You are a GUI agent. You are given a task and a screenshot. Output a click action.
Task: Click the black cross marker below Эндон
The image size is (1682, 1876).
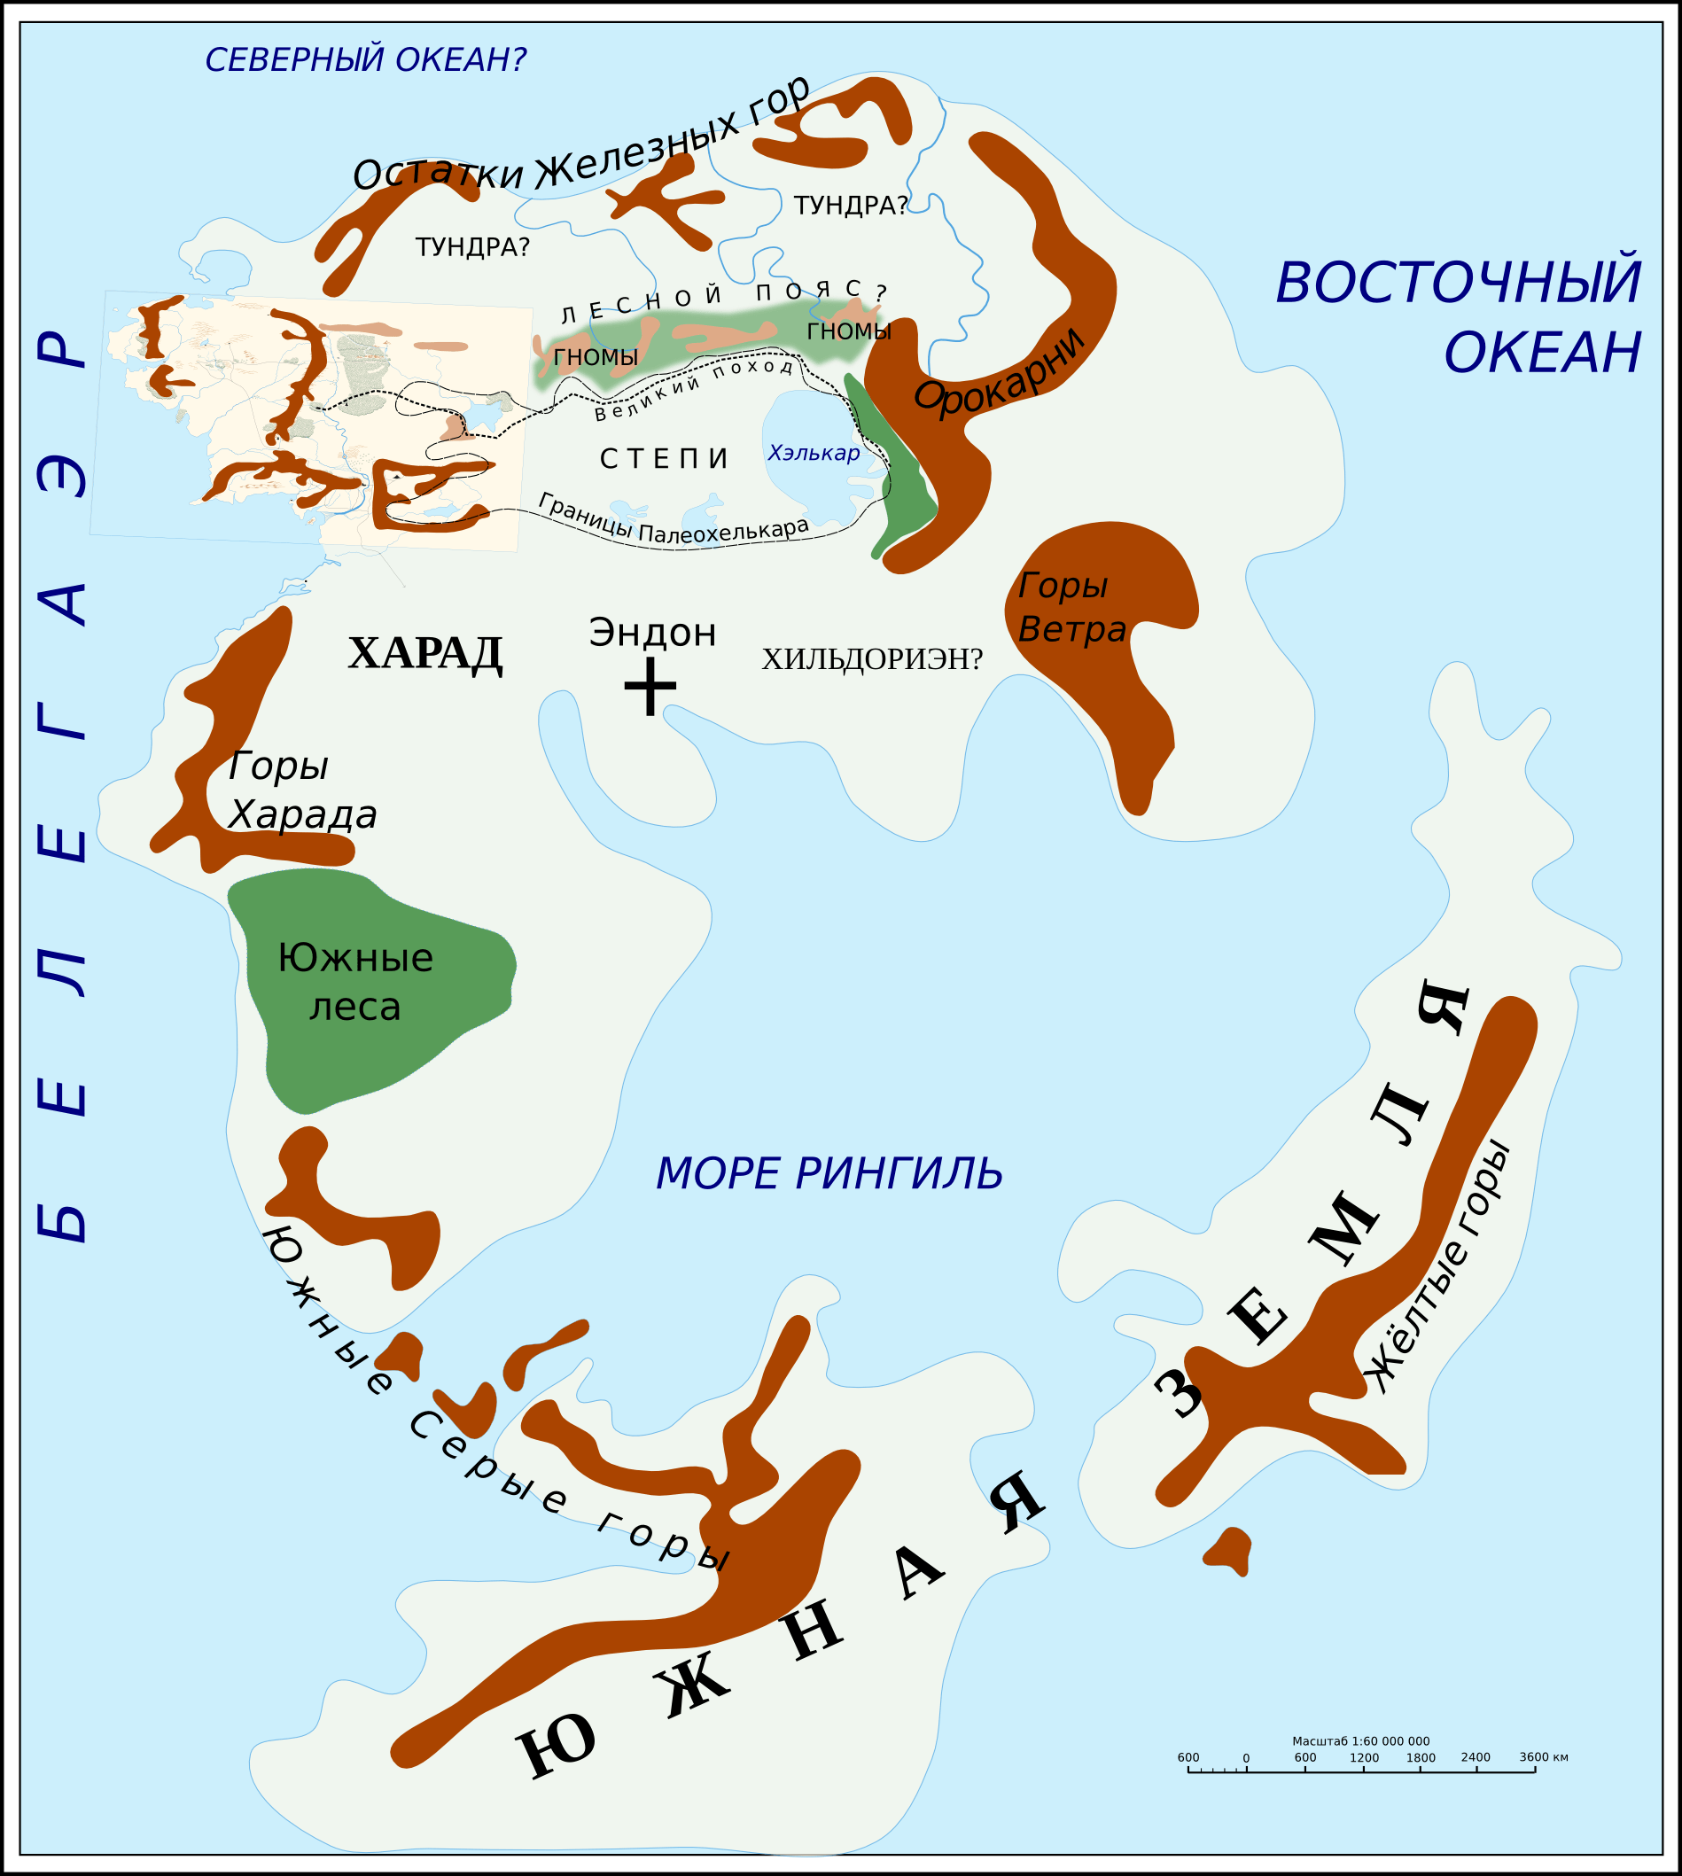tap(650, 687)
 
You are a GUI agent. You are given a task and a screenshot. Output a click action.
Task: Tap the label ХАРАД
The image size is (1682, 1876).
tap(425, 653)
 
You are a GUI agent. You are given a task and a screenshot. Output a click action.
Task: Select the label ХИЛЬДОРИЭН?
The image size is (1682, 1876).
tap(871, 659)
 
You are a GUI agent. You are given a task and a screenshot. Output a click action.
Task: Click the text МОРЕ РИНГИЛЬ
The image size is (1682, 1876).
tap(829, 1173)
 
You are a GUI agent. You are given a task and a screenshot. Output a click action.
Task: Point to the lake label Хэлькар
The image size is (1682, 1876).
tap(814, 453)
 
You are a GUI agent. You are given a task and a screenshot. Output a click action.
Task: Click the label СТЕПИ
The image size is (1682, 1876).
tap(665, 458)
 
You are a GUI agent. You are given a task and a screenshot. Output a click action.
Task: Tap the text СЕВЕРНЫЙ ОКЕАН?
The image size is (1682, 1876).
tap(365, 60)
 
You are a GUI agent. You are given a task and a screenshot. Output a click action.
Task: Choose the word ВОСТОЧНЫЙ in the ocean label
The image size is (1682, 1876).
tap(1458, 283)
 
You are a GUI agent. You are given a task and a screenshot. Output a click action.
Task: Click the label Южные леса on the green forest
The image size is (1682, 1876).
tap(354, 982)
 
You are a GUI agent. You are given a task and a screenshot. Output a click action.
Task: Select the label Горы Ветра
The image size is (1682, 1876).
tap(1071, 607)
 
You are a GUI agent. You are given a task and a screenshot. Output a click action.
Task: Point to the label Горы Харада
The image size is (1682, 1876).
tap(301, 790)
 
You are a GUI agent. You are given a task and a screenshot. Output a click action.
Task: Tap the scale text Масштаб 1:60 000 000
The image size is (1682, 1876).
tap(1360, 1741)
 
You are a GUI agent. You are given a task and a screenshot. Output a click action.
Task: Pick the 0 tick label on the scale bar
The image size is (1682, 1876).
tap(1246, 1758)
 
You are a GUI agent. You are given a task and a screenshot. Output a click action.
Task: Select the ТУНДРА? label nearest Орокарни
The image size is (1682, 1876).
tap(850, 206)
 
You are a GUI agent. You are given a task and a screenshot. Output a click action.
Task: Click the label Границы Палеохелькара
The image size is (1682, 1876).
tap(673, 518)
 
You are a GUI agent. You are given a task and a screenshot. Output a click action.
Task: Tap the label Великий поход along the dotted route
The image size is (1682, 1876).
tap(694, 389)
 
